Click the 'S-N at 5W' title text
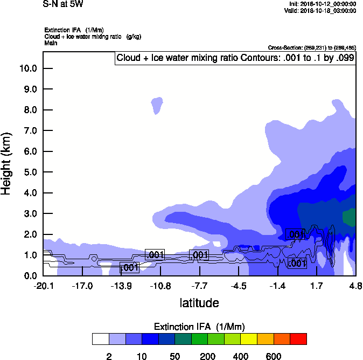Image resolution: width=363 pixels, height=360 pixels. pyautogui.click(x=63, y=4)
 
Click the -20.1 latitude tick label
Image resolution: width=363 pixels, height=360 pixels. pyautogui.click(x=43, y=286)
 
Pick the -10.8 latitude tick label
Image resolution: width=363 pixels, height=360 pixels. pyautogui.click(x=160, y=286)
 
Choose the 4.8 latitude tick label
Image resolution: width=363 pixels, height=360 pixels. pyautogui.click(x=355, y=286)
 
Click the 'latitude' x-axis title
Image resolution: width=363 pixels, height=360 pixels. pyautogui.click(x=199, y=303)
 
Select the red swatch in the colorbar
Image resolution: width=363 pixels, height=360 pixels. pyautogui.click(x=298, y=339)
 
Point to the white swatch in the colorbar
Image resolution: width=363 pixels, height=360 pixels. pyautogui.click(x=100, y=339)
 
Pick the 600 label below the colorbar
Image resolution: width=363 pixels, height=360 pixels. pyautogui.click(x=274, y=356)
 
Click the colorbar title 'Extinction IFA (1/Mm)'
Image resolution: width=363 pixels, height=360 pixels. pyautogui.click(x=199, y=327)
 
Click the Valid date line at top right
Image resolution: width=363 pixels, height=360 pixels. pyautogui.click(x=322, y=10)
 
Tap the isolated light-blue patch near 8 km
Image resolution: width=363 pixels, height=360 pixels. pyautogui.click(x=157, y=105)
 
